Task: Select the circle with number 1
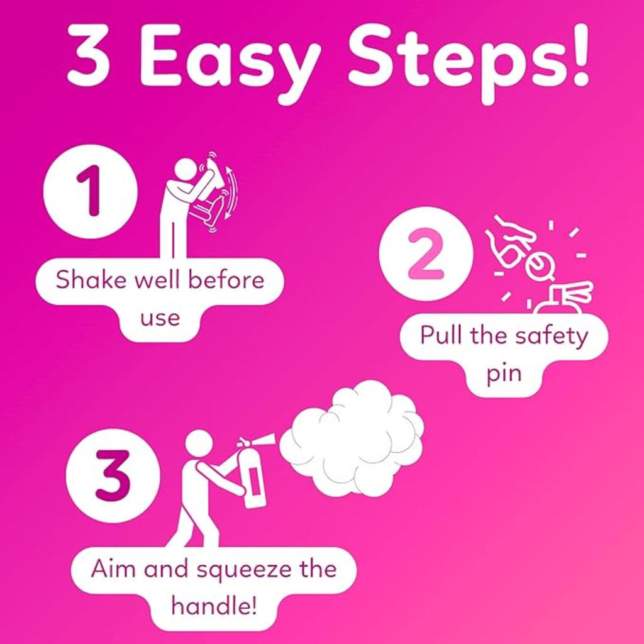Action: (91, 191)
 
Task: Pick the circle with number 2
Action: (426, 253)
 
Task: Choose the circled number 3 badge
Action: (113, 475)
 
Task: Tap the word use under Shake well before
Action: (160, 318)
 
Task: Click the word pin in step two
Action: (504, 374)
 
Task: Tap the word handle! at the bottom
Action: (214, 606)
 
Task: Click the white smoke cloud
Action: (352, 438)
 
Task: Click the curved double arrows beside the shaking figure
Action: (231, 193)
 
